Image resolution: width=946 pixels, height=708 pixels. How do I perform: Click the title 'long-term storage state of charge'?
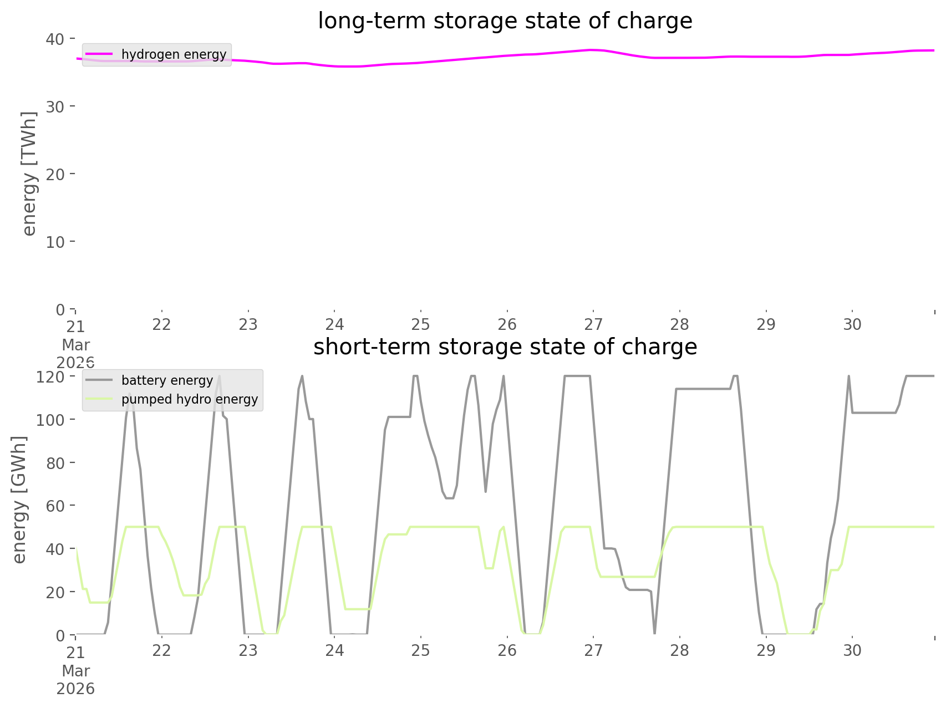pos(505,21)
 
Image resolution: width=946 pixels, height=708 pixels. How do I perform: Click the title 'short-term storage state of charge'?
pos(505,347)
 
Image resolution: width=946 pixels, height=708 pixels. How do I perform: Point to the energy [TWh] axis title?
pos(29,174)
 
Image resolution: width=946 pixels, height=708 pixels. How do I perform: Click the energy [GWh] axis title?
pos(19,500)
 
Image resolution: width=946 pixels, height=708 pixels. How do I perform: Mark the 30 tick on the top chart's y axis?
pos(55,106)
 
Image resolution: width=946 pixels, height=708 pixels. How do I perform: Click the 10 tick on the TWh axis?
pos(55,242)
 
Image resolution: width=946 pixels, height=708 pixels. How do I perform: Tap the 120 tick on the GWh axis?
pos(50,377)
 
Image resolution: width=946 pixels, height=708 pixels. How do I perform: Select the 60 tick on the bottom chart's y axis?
pos(55,506)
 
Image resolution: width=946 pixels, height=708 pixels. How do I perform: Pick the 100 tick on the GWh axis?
pos(50,420)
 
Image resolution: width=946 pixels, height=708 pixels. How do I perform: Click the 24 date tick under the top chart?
pos(334,325)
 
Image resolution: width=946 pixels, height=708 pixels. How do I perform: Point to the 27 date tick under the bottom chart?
pos(593,650)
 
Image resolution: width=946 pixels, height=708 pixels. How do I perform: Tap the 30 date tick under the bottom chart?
pos(852,650)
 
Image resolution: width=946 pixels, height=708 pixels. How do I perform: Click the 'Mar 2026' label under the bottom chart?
pos(75,680)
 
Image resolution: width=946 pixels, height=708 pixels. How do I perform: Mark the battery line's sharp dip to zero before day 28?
pos(655,633)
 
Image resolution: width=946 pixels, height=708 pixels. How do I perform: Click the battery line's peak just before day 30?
pos(848,377)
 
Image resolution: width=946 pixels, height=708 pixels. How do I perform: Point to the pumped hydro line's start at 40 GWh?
pos(76,548)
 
